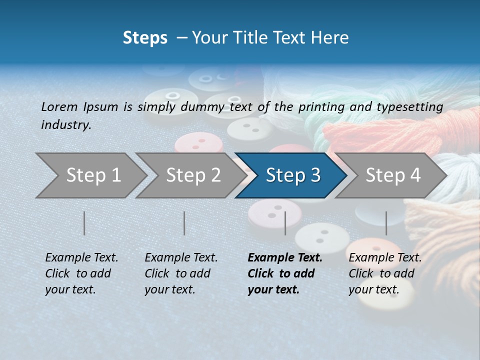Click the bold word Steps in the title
[145, 38]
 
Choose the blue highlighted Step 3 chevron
[292, 175]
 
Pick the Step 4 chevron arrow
[392, 175]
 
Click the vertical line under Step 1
[84, 223]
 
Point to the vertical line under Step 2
[184, 223]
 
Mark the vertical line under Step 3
[285, 223]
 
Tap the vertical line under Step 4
[386, 223]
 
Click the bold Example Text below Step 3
[285, 258]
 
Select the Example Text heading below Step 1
[81, 258]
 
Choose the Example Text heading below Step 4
[385, 258]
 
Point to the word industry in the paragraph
[65, 125]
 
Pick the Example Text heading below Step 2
[181, 258]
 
